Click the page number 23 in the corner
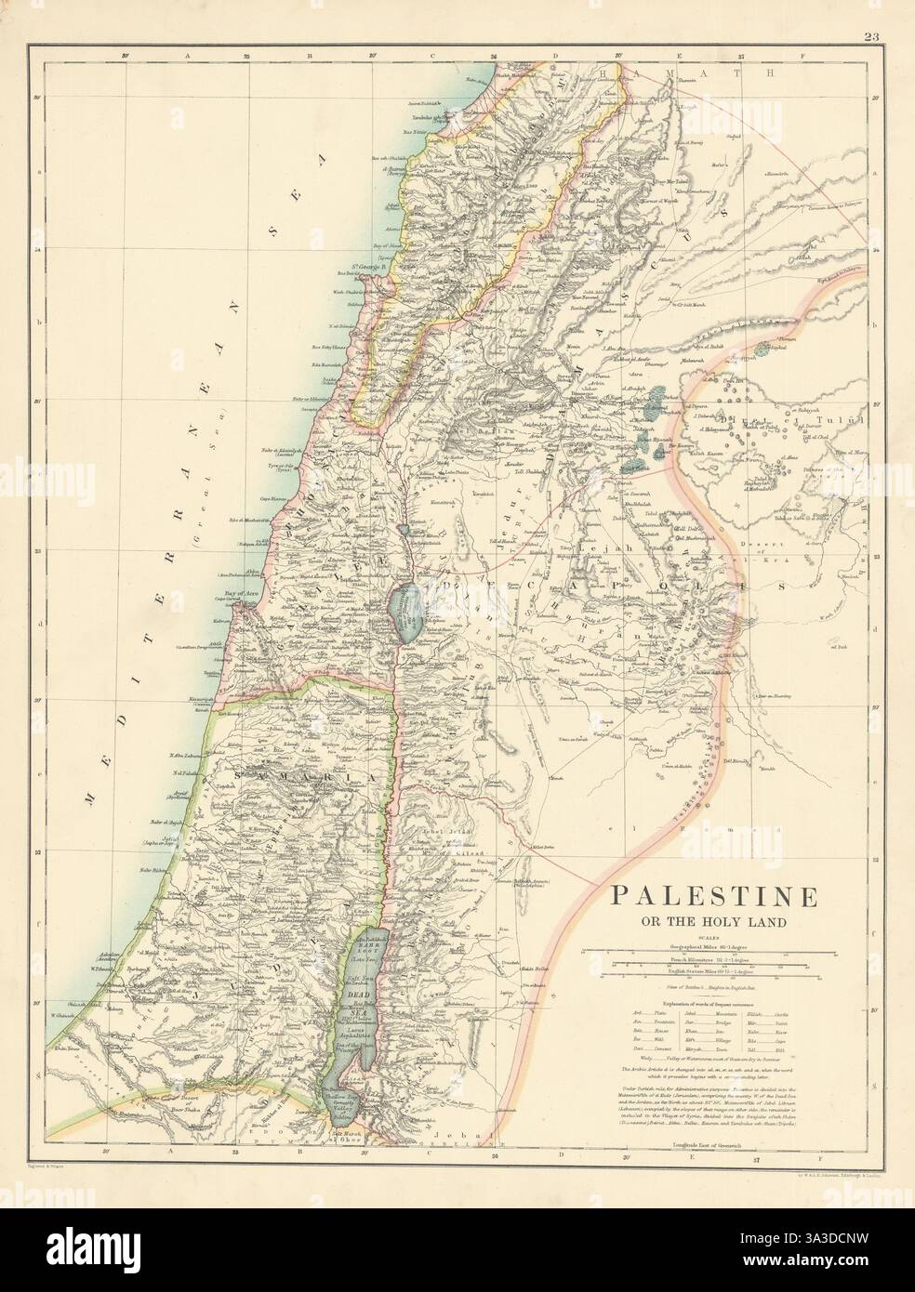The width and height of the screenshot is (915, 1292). click(870, 12)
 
